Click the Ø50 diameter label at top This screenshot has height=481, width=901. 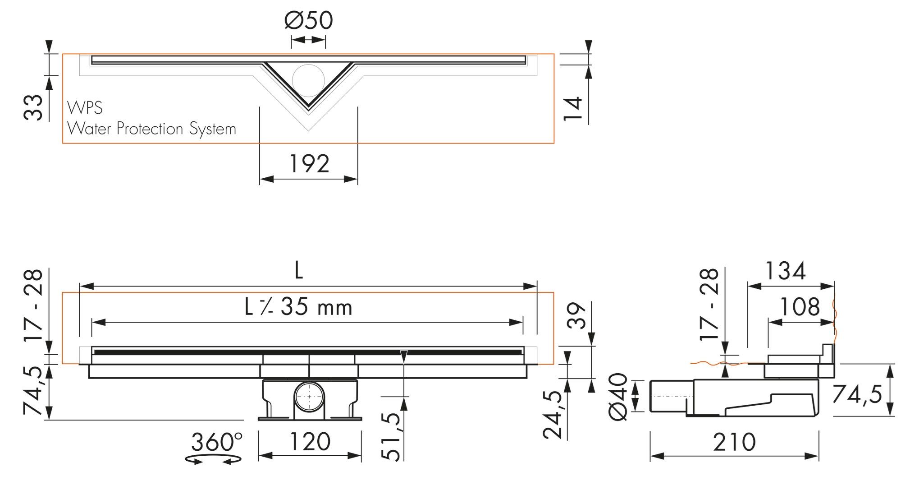309,20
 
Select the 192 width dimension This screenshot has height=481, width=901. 309,163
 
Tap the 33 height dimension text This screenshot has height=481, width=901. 34,108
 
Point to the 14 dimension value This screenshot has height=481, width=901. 573,109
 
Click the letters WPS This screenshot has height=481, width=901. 85,108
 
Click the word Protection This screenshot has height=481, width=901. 151,129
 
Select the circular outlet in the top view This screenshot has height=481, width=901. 308,80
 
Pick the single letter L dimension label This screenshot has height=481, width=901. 298,271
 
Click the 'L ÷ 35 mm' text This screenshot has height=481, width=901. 298,307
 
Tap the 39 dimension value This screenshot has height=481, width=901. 577,315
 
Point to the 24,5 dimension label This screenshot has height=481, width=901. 553,415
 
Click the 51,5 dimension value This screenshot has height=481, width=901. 393,436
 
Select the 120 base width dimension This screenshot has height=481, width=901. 310,442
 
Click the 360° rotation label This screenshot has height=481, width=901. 216,442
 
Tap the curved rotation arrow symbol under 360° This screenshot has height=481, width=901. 214,459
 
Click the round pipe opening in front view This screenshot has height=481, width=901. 309,397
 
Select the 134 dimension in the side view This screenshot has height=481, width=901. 785,271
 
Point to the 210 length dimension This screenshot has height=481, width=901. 734,442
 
